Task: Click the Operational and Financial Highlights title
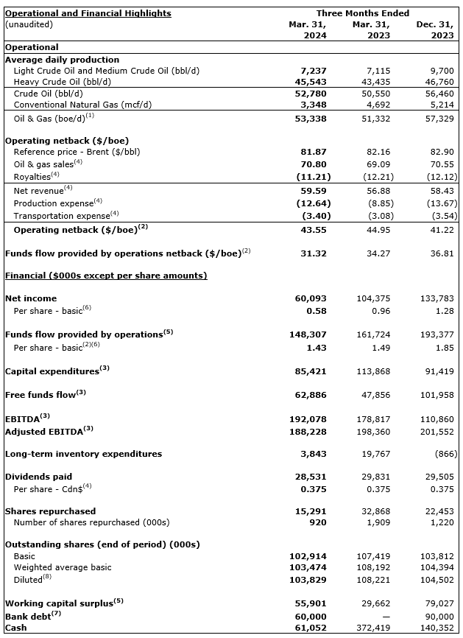[x=88, y=13]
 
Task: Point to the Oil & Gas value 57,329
[x=439, y=117]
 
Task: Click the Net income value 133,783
[x=437, y=298]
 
